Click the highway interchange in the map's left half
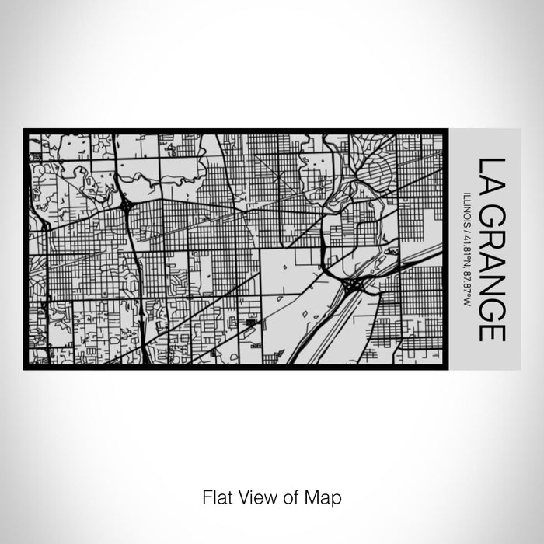tap(125, 207)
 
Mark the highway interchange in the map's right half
tap(351, 286)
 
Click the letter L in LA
tap(492, 165)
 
